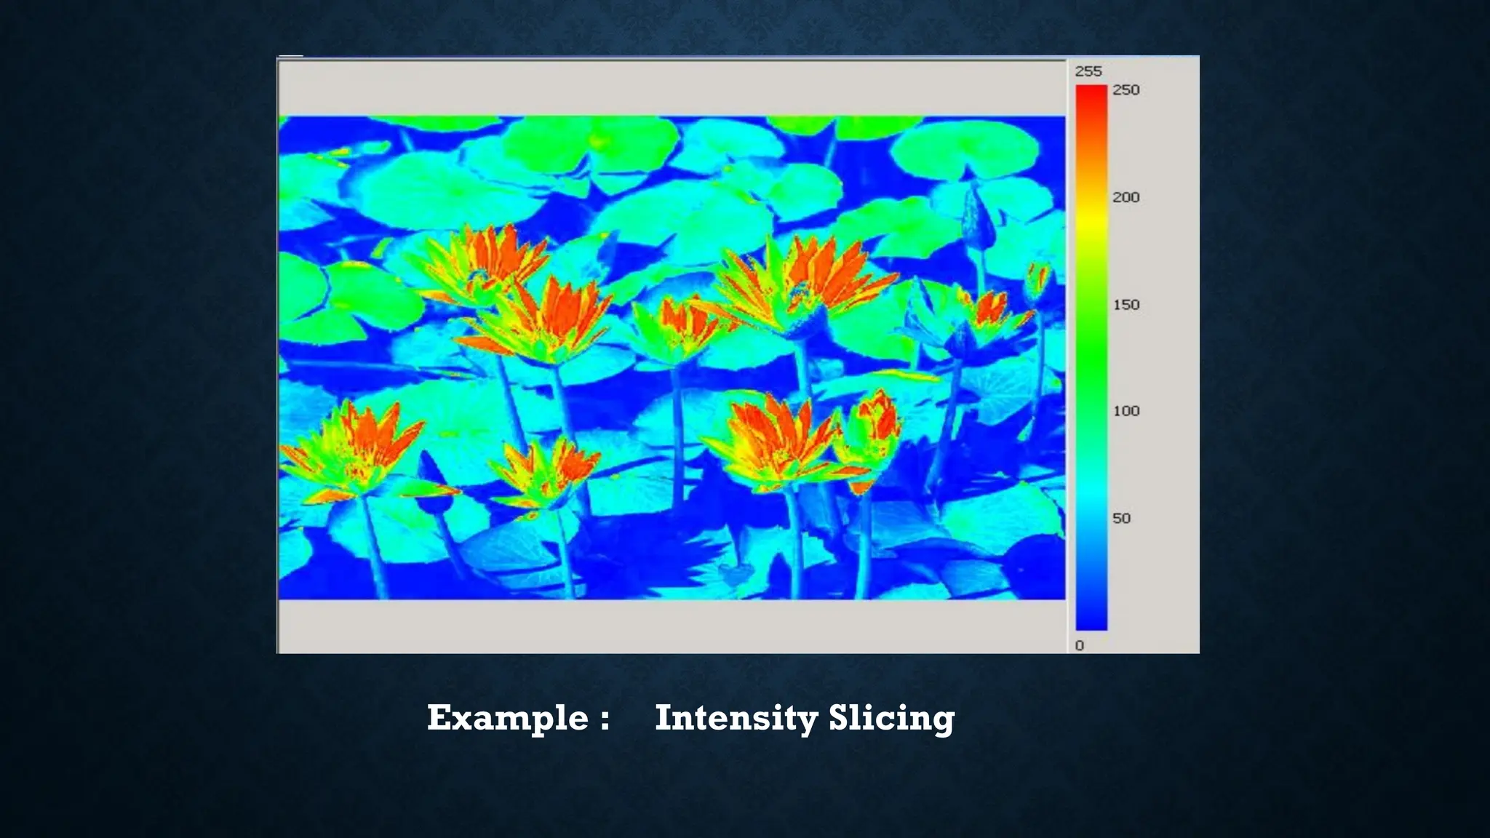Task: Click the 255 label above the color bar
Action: pos(1088,71)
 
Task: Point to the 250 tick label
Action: pos(1126,90)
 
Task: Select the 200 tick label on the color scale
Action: pos(1126,197)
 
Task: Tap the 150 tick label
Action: pos(1126,305)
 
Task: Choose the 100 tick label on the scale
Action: pos(1126,411)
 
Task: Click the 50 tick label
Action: pos(1121,519)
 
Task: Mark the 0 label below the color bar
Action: pos(1080,646)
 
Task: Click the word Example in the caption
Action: pos(507,719)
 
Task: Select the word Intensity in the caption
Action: pos(736,719)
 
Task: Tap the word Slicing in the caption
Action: pos(891,719)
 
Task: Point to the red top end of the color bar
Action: pos(1091,95)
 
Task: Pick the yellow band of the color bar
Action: pos(1091,215)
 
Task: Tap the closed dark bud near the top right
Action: pos(976,211)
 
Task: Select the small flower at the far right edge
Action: pos(1037,280)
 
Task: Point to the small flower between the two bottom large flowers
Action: pos(546,469)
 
